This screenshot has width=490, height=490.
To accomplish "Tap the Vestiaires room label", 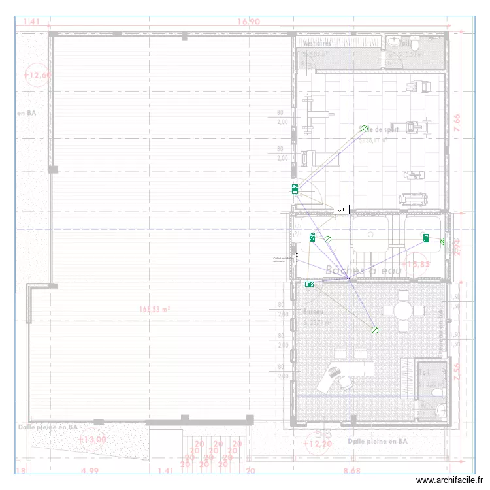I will coord(317,44).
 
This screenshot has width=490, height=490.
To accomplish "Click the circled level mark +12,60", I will coord(37,75).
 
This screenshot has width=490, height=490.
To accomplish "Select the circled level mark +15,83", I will coord(416,264).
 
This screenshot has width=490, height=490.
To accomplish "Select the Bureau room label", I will coord(314,312).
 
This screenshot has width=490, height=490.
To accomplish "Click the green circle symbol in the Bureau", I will coord(374,331).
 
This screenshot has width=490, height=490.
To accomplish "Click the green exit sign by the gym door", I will coord(295,189).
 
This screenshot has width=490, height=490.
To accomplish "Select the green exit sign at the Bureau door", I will coord(310,284).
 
